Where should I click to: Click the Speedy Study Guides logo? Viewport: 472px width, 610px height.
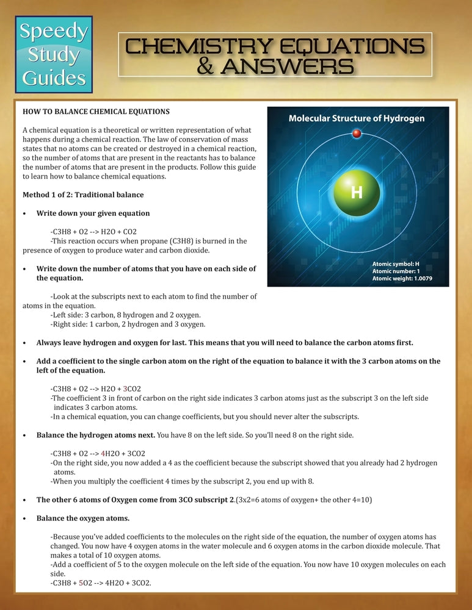pos(54,54)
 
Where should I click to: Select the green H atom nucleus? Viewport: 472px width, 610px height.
pos(357,193)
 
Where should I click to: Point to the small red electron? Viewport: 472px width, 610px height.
pos(357,134)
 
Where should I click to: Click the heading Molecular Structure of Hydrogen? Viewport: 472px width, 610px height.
pos(357,118)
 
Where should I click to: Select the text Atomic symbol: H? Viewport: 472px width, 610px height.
pos(396,264)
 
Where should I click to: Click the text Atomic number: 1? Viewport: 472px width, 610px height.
pos(396,271)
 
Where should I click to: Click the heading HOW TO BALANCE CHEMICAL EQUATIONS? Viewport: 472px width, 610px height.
pos(96,112)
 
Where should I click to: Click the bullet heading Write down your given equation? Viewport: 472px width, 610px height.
pos(93,213)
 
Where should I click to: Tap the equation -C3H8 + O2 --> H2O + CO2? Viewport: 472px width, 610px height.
pos(94,232)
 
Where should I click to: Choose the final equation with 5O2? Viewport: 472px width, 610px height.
pos(101,583)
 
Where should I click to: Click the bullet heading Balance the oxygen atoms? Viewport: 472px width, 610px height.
pos(82,518)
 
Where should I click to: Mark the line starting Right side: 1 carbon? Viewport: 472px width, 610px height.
pos(128,324)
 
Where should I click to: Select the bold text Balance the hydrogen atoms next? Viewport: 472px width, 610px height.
pos(95,436)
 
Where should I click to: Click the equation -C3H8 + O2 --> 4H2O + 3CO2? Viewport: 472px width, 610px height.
pos(98,454)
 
